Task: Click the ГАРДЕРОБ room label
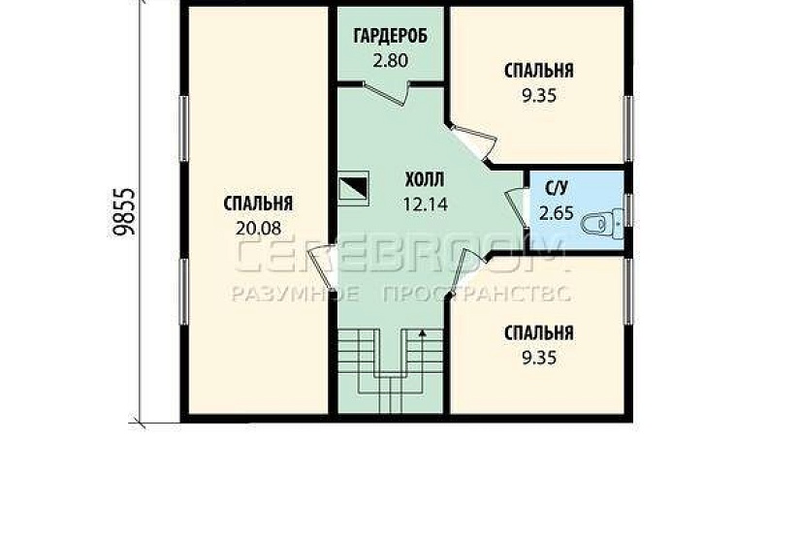(x=391, y=36)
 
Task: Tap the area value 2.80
(x=391, y=61)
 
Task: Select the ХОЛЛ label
(x=425, y=179)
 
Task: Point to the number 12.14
(x=426, y=204)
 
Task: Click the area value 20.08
(x=258, y=228)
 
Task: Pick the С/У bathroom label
(x=557, y=188)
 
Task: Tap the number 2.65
(x=557, y=212)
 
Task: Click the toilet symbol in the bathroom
(x=603, y=224)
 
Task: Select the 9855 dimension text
(x=124, y=212)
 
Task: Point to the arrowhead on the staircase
(x=423, y=333)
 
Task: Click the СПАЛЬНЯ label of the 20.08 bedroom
(x=258, y=204)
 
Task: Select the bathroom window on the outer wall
(x=628, y=210)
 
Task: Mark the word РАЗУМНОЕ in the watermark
(x=296, y=294)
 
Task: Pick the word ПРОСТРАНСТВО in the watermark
(x=476, y=294)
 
